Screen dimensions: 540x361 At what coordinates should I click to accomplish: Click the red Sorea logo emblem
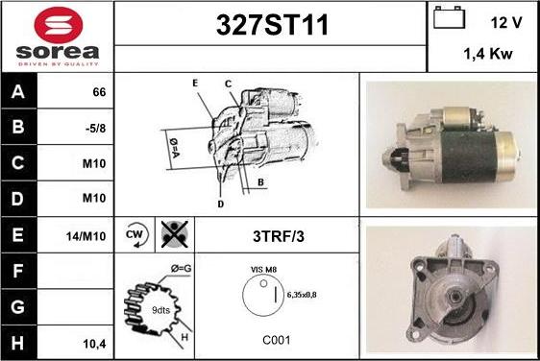[59, 24]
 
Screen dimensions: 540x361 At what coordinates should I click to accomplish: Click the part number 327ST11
[272, 25]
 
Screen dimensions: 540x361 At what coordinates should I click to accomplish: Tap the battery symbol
[449, 17]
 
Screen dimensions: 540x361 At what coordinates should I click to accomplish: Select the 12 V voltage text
[506, 23]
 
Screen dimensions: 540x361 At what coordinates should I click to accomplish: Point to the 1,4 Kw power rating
[488, 54]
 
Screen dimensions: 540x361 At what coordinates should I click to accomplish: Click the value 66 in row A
[99, 92]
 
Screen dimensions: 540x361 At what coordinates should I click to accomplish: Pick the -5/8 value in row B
[95, 128]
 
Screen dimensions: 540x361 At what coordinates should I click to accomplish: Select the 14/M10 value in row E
[86, 236]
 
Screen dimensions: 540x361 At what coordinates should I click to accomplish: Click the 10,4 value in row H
[94, 344]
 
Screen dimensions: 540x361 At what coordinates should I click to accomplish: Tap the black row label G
[18, 307]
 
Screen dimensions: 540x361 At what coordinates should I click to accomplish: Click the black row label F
[18, 271]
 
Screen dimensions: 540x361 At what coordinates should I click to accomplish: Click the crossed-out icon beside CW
[175, 234]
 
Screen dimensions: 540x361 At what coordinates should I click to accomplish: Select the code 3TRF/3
[279, 236]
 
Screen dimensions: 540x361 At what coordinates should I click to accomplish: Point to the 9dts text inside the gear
[160, 310]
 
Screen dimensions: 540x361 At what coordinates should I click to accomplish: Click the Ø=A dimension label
[174, 148]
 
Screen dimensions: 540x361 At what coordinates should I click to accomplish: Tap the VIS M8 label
[263, 270]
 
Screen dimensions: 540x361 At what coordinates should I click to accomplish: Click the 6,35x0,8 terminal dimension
[302, 295]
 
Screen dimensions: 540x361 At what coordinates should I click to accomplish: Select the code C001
[277, 340]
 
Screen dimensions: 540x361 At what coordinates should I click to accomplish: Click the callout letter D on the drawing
[221, 205]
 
